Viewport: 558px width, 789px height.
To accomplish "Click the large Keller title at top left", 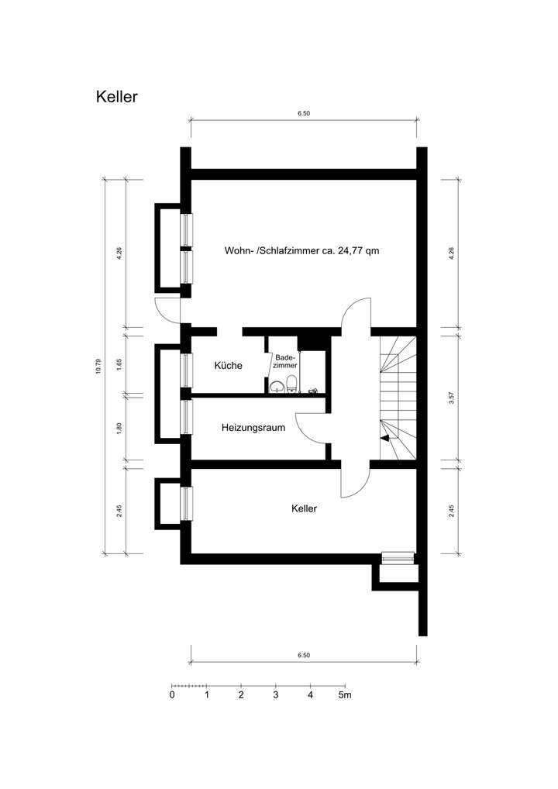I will click(x=117, y=97).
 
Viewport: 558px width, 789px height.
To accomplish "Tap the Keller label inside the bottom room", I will click(x=305, y=509).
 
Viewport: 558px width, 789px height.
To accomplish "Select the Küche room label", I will click(x=229, y=366).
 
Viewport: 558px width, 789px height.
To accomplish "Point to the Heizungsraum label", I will click(x=253, y=427).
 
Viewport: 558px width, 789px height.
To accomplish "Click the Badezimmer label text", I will click(x=284, y=360).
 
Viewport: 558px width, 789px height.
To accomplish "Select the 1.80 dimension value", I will click(x=119, y=427).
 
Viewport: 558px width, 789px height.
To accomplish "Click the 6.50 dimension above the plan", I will click(x=303, y=113).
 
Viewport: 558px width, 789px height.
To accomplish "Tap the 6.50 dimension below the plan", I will click(x=303, y=655).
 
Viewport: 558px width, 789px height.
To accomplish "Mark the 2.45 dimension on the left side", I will click(x=119, y=512).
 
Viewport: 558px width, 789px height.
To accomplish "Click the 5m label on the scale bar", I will click(x=344, y=695).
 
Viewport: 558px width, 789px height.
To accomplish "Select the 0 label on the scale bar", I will click(x=172, y=695).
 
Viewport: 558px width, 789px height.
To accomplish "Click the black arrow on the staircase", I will click(x=385, y=438).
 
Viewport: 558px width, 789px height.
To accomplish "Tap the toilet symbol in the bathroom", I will click(x=291, y=383).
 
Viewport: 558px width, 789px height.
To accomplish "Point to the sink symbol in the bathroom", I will click(x=277, y=387).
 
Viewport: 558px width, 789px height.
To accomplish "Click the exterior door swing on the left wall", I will click(x=167, y=308).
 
